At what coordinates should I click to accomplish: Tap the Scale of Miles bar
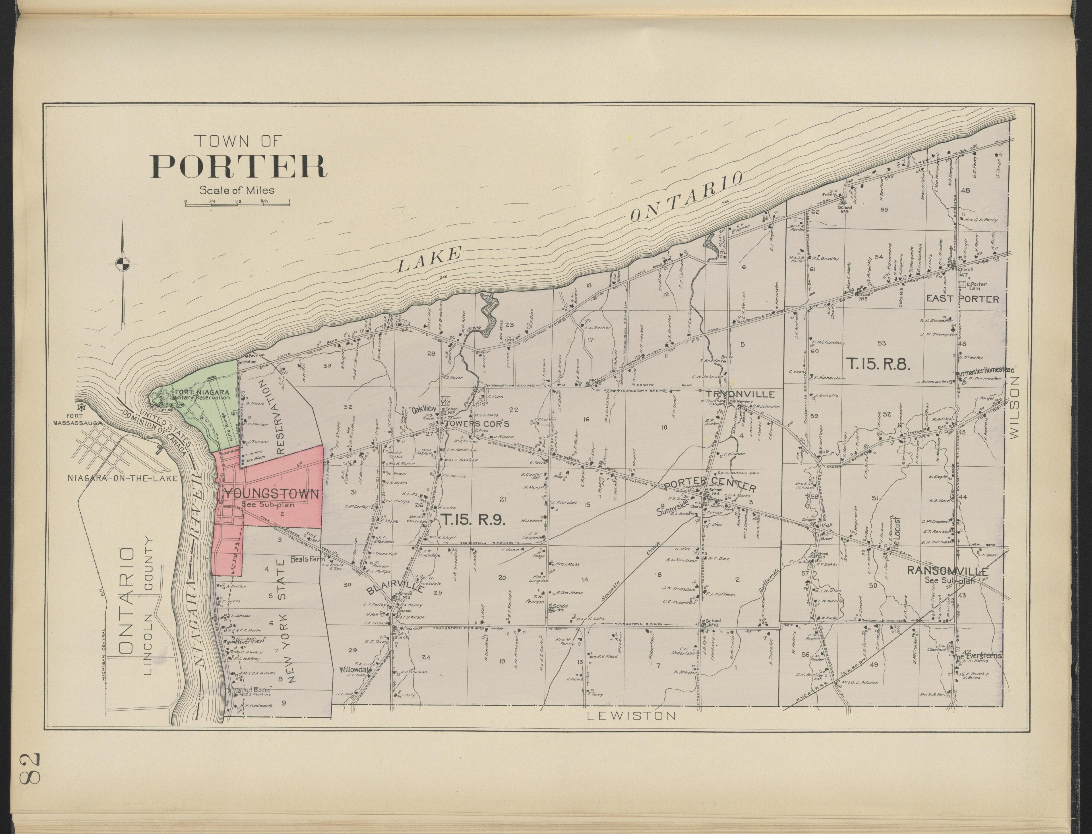pyautogui.click(x=237, y=202)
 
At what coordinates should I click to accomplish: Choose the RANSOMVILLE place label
pyautogui.click(x=947, y=571)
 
